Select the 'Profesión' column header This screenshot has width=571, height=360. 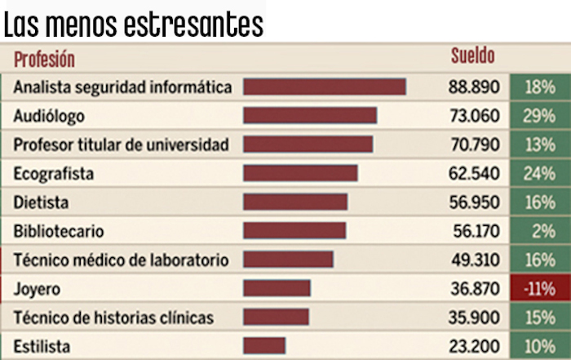coord(44,59)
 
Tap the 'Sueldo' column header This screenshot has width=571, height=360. coord(473,56)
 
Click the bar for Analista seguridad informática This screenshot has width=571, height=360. coord(325,87)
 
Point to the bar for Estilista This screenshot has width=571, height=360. coord(264,345)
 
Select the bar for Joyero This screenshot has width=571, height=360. coord(277,288)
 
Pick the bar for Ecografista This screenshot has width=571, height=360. coord(300,173)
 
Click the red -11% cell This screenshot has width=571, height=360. coord(539,288)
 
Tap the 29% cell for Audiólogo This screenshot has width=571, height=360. coord(539,116)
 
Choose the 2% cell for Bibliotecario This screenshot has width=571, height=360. coord(539,231)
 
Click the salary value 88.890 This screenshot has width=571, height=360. coord(473,87)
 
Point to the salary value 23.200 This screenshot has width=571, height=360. coord(473,345)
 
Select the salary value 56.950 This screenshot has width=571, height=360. coord(473,202)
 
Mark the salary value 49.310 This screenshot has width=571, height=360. coord(473,260)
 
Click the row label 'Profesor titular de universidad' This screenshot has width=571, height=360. coord(121,144)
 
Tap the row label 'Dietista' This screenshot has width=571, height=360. coord(41,202)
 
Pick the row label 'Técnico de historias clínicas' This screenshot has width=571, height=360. coord(113,317)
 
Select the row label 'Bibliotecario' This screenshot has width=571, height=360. coord(59,231)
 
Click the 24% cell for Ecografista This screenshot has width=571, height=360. coord(539,173)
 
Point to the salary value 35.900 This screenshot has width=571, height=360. coord(473,317)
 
